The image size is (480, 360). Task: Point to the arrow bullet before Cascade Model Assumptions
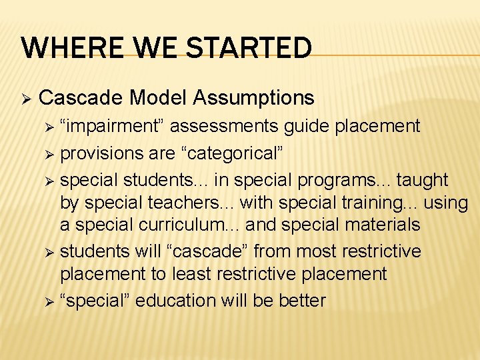point(27,99)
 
